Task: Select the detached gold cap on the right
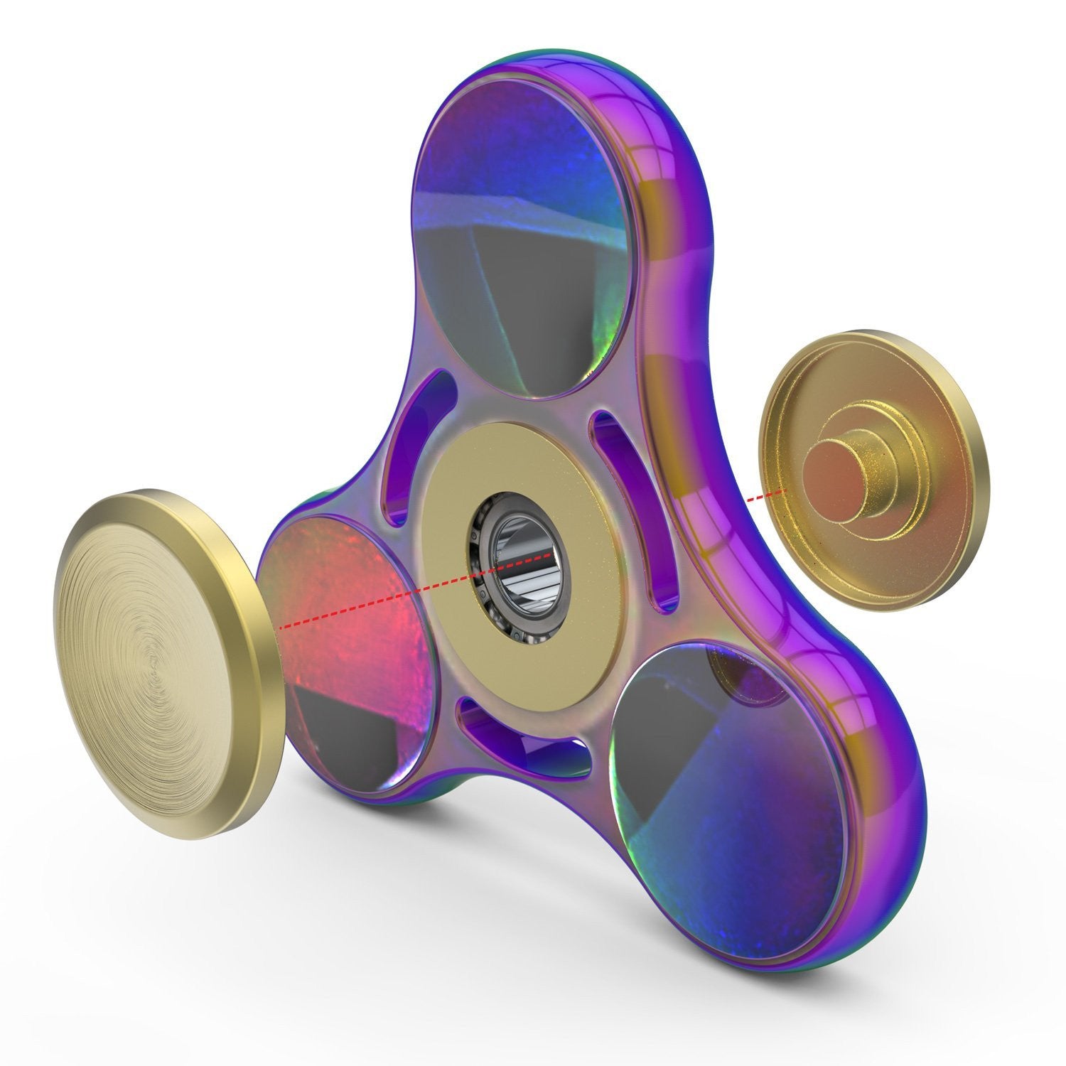(874, 469)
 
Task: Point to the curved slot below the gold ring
(526, 739)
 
